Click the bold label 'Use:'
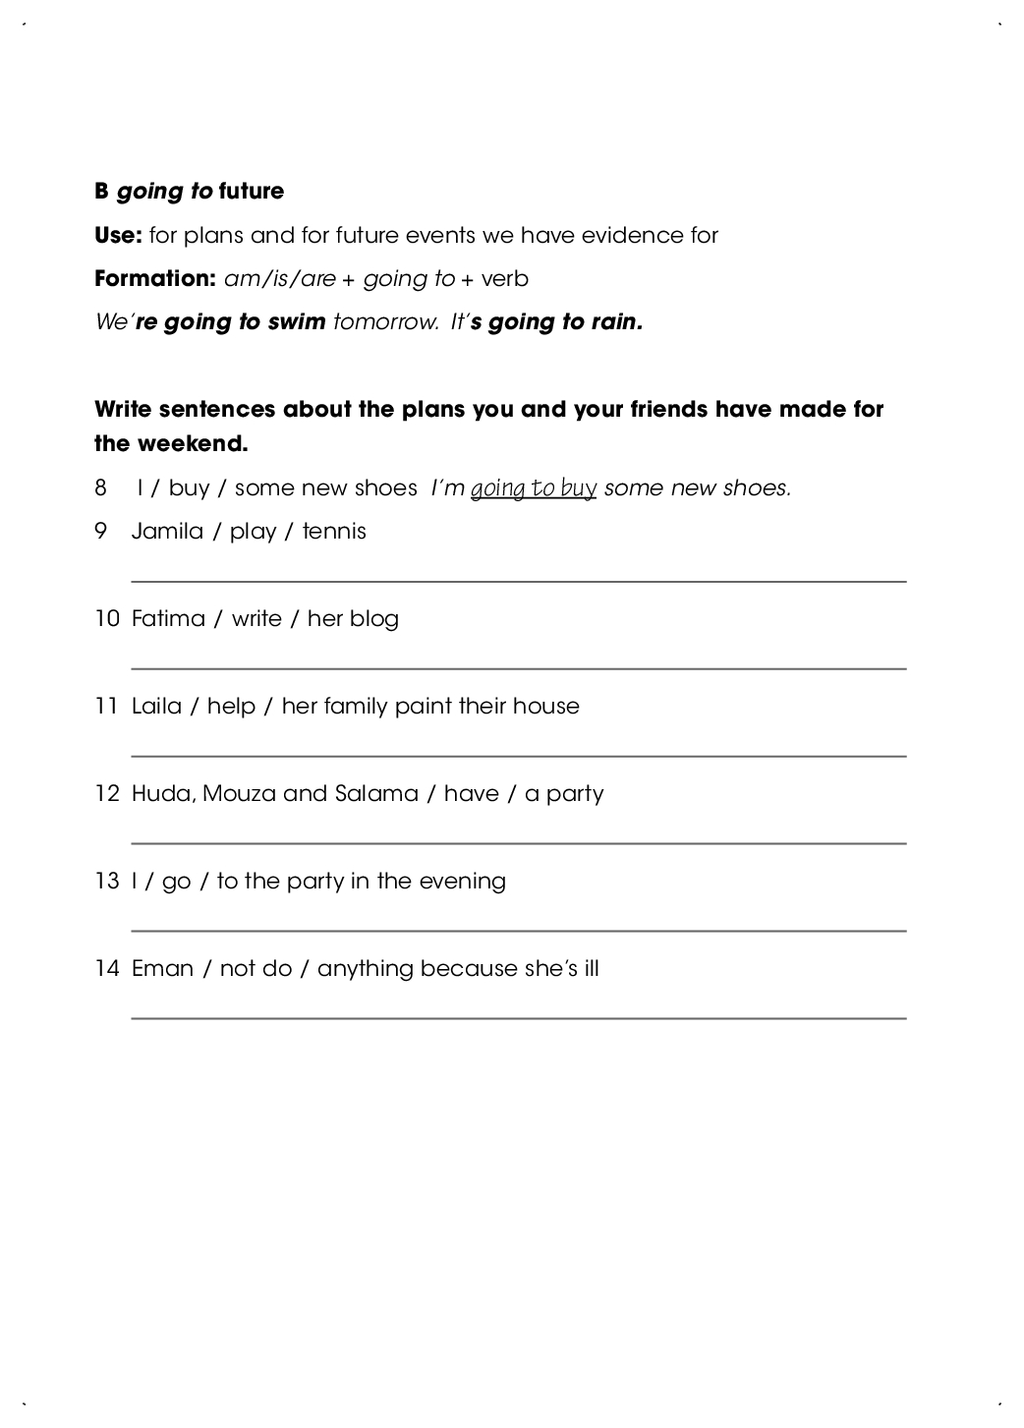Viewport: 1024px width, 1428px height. tap(118, 236)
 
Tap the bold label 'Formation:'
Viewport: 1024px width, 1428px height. tap(154, 279)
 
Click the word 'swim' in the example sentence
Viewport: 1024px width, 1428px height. tap(297, 322)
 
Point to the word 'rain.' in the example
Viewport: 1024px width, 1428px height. tap(616, 322)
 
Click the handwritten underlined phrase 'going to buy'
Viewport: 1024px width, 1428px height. tap(534, 488)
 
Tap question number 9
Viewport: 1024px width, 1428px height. tap(100, 532)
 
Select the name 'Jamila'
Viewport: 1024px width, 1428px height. tap(167, 532)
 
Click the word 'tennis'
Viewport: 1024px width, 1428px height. tap(334, 532)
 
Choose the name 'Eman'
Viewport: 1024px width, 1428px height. tap(162, 969)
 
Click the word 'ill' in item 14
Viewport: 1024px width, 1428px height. tap(591, 969)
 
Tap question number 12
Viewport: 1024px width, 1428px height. tap(106, 794)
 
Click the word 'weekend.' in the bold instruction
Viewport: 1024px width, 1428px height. tap(193, 444)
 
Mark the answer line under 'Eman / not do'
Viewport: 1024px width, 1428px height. tap(518, 1017)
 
